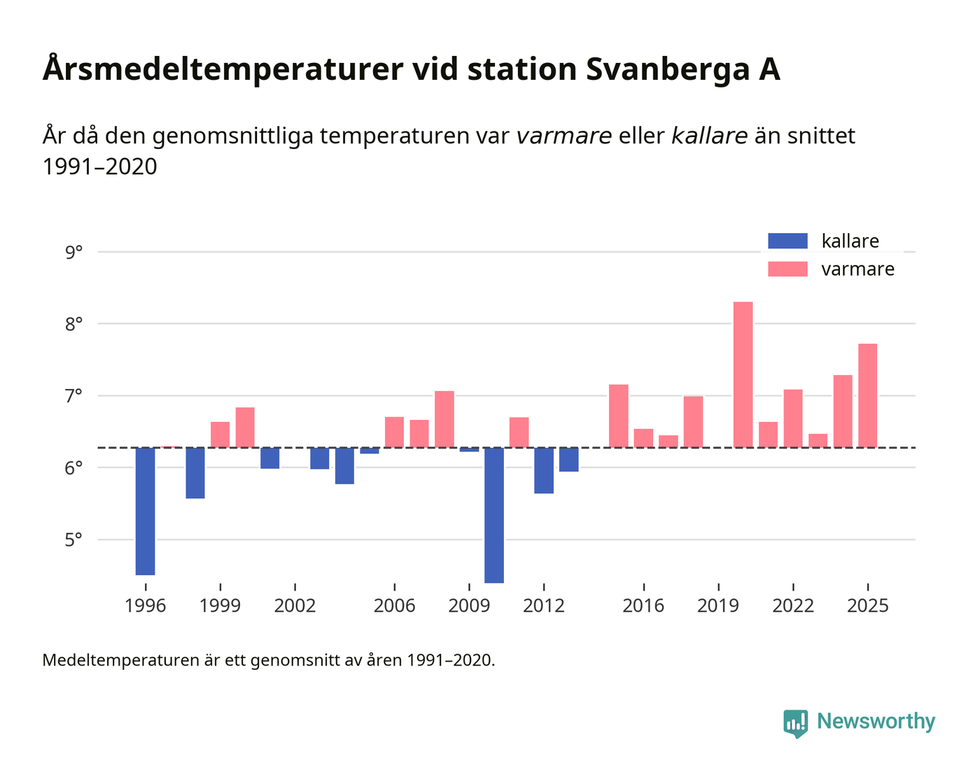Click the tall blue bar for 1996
click(145, 511)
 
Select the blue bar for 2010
click(494, 515)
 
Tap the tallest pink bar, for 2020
click(743, 374)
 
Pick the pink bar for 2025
click(867, 395)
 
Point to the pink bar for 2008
click(444, 419)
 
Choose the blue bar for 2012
click(544, 470)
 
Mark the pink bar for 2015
click(618, 416)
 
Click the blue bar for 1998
click(195, 472)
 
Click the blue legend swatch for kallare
click(787, 241)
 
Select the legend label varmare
click(857, 269)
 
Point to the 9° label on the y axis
click(73, 252)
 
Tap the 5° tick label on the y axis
click(73, 540)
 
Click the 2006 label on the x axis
click(394, 606)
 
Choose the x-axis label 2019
click(718, 606)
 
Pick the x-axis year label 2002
click(295, 606)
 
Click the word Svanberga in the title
click(664, 70)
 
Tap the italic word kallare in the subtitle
click(709, 136)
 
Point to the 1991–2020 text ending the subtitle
click(99, 167)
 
